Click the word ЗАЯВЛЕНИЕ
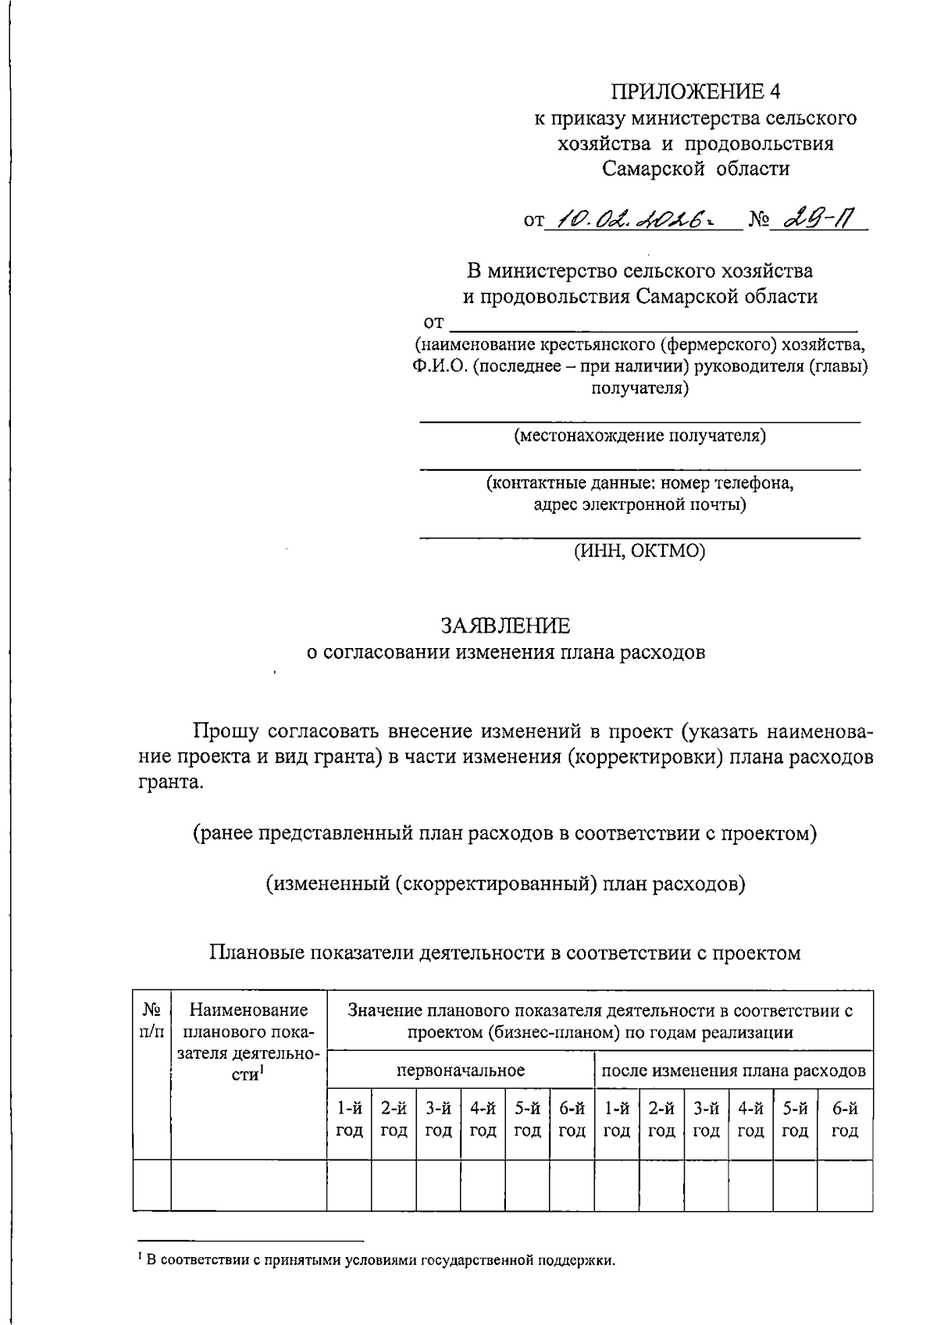click(x=505, y=626)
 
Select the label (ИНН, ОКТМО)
click(x=640, y=551)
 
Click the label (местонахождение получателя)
click(x=640, y=436)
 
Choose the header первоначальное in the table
click(x=461, y=1070)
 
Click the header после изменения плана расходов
click(x=733, y=1070)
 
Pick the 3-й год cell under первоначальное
click(x=438, y=1119)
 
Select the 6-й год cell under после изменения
click(x=845, y=1119)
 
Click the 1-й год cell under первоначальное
click(x=349, y=1119)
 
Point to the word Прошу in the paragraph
click(x=226, y=732)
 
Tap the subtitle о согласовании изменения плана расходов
click(x=505, y=652)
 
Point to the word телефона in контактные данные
click(x=754, y=483)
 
